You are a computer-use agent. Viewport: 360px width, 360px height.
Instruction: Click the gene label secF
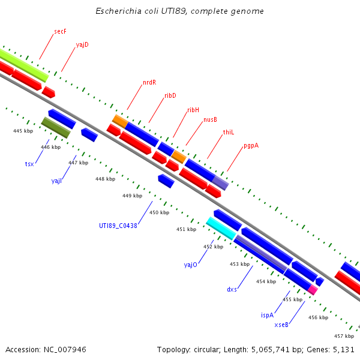coord(59,31)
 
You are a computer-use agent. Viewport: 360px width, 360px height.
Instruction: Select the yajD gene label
coord(82,44)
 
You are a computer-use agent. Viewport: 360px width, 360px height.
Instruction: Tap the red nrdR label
coord(149,82)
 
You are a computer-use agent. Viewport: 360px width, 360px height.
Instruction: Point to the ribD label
coord(170,95)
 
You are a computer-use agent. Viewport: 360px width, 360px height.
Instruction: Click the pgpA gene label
coord(251,146)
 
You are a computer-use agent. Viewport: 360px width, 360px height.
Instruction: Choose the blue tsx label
coord(29,164)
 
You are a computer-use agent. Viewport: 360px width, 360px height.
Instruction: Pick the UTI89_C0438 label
coord(118,226)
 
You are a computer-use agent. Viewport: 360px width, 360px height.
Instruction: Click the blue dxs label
coord(232,289)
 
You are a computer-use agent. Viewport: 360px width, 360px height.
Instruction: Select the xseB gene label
coord(282,325)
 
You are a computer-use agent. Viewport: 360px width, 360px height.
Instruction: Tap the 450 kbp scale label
coord(159,212)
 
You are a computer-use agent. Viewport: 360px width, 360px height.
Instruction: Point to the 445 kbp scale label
coord(23,131)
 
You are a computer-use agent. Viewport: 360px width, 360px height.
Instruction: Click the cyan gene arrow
coord(221,228)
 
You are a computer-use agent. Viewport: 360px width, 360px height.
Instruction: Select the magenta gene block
coord(313,289)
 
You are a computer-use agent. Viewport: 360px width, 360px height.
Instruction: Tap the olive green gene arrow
coord(56,127)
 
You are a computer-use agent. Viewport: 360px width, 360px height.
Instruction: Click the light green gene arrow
coord(24,65)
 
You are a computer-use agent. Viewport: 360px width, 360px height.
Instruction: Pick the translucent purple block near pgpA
coord(220,182)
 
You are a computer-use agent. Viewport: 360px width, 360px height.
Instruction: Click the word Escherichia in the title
coord(116,11)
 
